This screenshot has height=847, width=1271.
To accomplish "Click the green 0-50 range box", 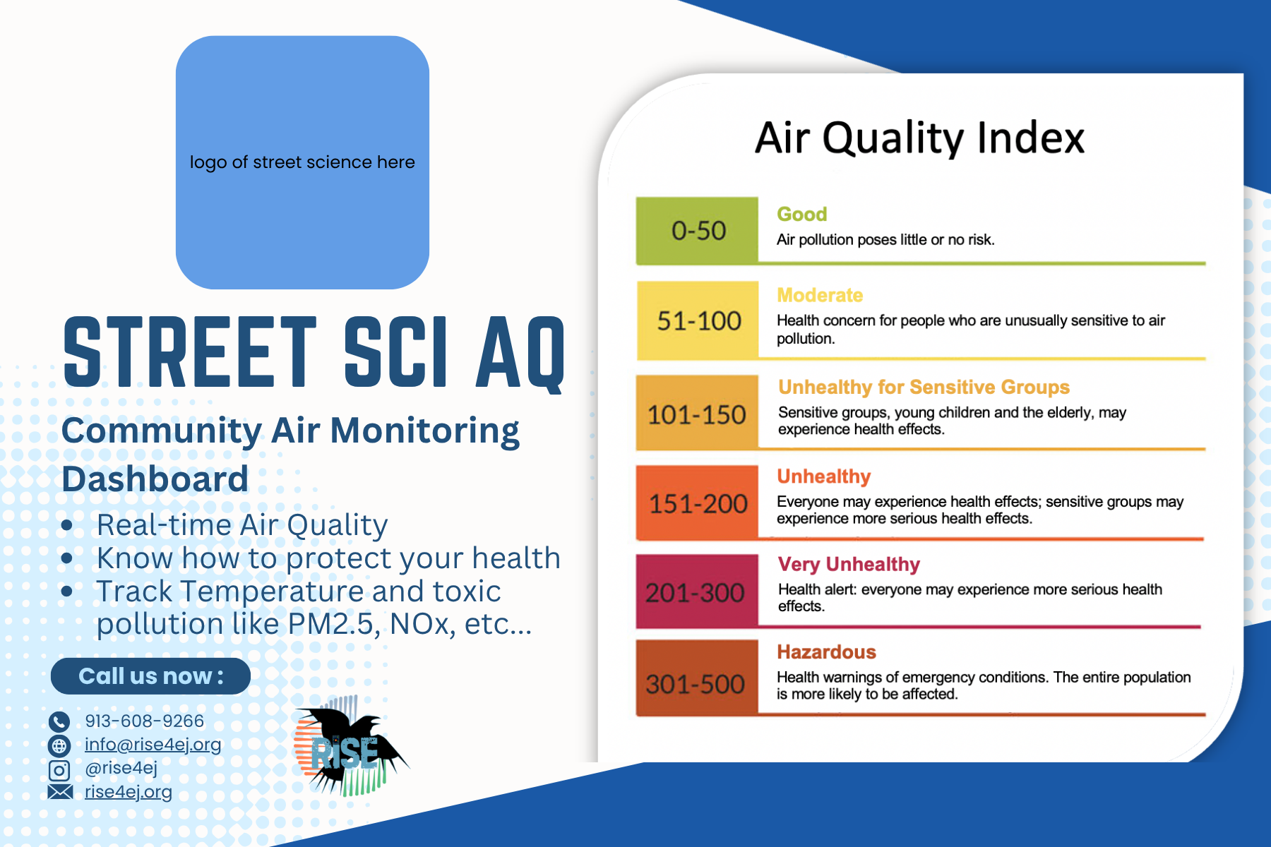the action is tap(697, 231).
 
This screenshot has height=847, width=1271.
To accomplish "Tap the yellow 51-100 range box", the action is tap(698, 320).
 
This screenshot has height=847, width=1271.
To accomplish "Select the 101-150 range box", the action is tap(697, 413).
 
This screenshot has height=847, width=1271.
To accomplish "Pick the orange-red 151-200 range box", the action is tap(697, 503).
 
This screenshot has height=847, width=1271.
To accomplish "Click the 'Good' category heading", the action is tap(801, 214).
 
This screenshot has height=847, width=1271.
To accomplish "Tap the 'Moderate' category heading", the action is tap(820, 295).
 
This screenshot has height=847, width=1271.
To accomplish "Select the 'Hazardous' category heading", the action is tap(826, 651).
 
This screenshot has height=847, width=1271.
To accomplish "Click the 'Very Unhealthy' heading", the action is tap(849, 564).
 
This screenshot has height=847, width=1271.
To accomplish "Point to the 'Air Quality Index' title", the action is tap(919, 138).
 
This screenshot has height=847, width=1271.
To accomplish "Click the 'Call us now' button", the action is tap(150, 676).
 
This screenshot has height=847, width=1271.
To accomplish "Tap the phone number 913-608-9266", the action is tap(144, 721).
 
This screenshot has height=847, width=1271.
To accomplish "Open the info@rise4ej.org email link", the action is tap(153, 745).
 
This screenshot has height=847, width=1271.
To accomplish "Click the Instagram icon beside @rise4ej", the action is tap(59, 769).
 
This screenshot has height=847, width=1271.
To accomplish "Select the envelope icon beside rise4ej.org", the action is tap(60, 792).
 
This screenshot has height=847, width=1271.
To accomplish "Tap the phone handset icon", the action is tap(59, 721).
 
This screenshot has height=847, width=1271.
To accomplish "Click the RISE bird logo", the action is tap(350, 747).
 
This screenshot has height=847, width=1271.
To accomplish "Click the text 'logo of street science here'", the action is tap(302, 162).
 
